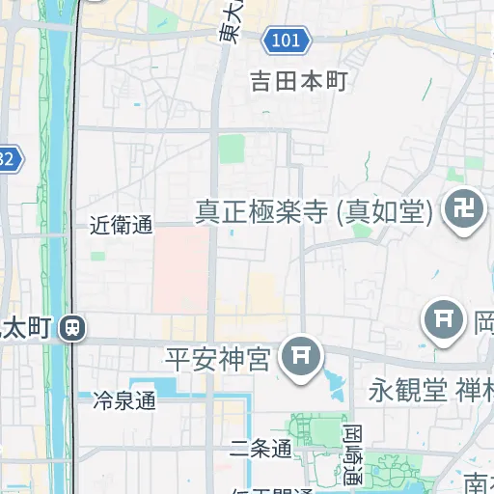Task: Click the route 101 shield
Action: (287, 41)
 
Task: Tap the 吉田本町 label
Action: (298, 80)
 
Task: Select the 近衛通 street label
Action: (122, 226)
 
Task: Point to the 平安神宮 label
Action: (217, 360)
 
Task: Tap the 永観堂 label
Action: (408, 391)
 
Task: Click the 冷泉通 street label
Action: (124, 399)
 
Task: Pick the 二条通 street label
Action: (261, 449)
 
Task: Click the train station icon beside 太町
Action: (71, 329)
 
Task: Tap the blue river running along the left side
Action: (60, 193)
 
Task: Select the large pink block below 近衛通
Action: (181, 270)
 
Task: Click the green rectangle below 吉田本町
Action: (232, 150)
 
